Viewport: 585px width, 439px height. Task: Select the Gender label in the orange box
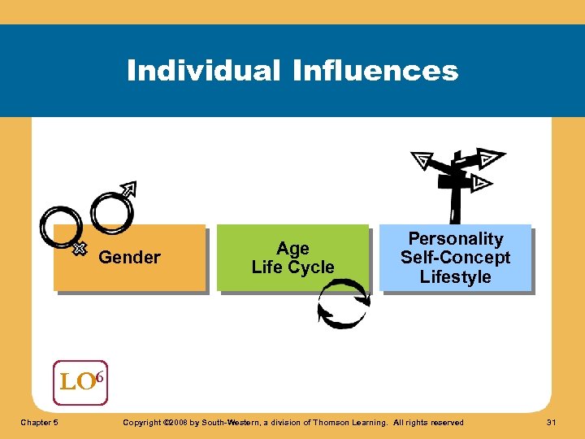tap(129, 258)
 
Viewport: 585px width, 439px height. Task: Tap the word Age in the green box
tap(292, 249)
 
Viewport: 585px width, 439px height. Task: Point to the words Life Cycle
tap(292, 267)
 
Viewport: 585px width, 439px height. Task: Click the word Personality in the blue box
tap(455, 239)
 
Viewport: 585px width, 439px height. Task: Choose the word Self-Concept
tap(455, 258)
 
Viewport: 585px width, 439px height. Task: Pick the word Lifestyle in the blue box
tap(455, 276)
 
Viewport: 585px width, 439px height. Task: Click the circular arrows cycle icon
tap(342, 303)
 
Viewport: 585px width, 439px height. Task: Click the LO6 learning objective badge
tap(80, 382)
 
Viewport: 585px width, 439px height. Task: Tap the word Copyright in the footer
tap(139, 422)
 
